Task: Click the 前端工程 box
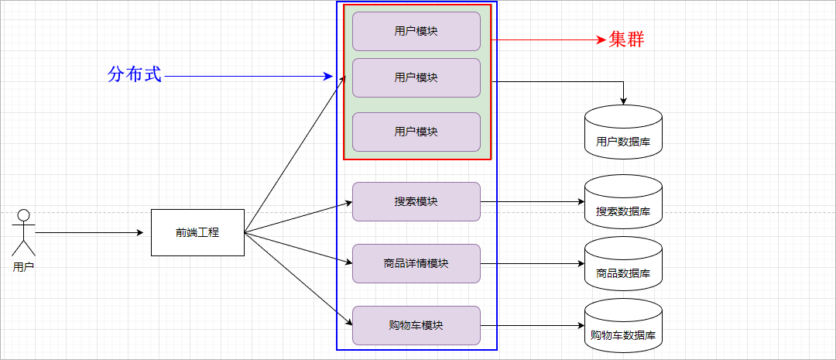point(197,232)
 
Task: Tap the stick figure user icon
point(24,232)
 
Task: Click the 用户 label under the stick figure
point(24,266)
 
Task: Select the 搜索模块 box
point(416,201)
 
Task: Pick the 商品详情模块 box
point(416,263)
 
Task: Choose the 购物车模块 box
point(416,325)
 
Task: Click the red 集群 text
point(626,39)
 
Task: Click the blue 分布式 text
point(135,75)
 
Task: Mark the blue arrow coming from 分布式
point(248,77)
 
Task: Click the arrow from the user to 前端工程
point(89,232)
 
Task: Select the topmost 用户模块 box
point(416,31)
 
